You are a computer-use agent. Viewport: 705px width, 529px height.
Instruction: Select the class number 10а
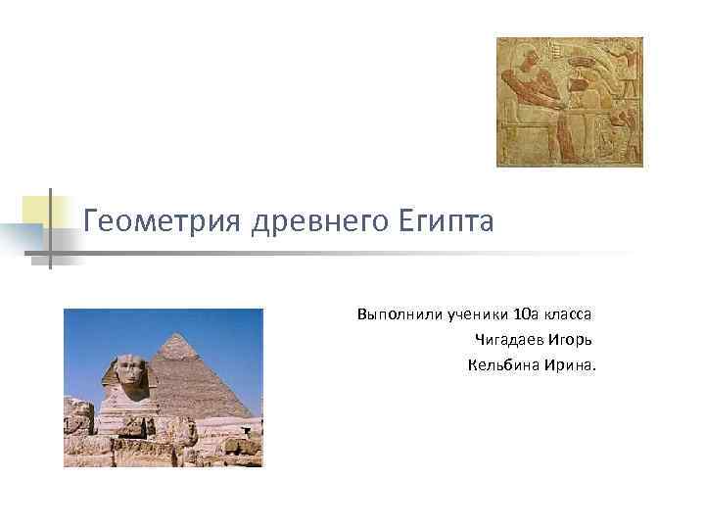point(526,314)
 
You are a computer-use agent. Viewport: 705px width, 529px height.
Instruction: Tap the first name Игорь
point(572,340)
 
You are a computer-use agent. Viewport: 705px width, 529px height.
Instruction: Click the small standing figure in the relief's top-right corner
point(627,59)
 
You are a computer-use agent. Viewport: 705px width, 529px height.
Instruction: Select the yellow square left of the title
point(36,210)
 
